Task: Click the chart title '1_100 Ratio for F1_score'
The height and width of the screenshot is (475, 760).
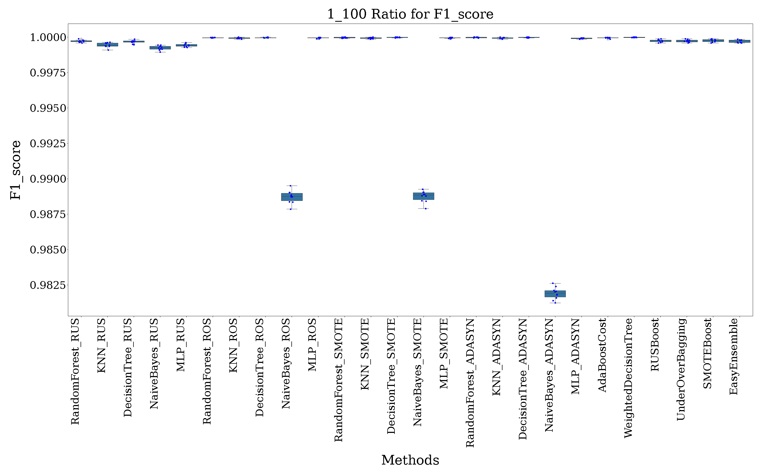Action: (x=410, y=14)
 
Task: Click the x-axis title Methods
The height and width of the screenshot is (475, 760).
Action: (x=410, y=460)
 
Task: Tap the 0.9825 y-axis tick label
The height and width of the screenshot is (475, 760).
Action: (x=48, y=285)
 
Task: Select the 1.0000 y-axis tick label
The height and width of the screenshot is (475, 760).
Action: (x=48, y=37)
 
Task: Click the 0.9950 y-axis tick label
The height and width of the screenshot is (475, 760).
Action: (x=48, y=108)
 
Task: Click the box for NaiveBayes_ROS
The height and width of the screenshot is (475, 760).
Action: (x=292, y=197)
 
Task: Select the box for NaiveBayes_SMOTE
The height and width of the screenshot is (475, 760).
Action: (x=424, y=196)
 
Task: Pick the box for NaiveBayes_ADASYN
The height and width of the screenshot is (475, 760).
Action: (x=555, y=294)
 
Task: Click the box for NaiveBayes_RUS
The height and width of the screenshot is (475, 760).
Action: (x=160, y=48)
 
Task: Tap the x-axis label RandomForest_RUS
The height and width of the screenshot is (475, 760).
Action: (x=75, y=371)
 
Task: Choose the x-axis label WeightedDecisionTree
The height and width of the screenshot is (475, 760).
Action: (x=628, y=378)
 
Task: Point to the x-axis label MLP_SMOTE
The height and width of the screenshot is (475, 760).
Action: (x=444, y=354)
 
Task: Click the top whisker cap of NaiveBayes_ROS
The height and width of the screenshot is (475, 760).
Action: (x=292, y=186)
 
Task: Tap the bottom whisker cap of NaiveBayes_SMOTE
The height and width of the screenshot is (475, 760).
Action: (x=424, y=209)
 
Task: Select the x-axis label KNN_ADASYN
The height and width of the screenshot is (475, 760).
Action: (x=496, y=357)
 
